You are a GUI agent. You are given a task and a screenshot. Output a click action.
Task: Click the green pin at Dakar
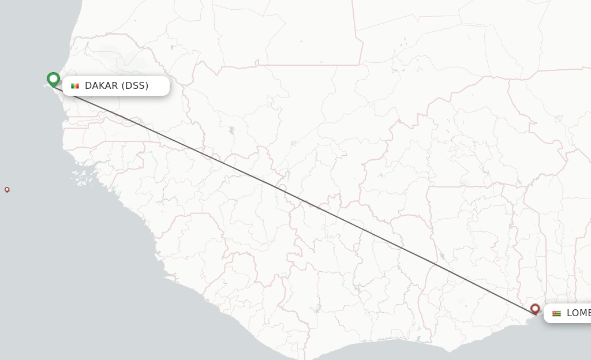tap(53, 78)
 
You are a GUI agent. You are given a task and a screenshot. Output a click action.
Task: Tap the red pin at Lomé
tap(535, 309)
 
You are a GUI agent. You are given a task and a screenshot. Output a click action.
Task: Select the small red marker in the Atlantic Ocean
tap(7, 189)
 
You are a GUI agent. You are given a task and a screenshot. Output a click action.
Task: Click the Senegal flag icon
tap(75, 86)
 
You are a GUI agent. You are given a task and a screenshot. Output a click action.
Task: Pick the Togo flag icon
tap(556, 313)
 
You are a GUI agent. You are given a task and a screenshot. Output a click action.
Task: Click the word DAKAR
tap(101, 86)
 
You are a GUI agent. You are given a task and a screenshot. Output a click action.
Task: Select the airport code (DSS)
tap(134, 86)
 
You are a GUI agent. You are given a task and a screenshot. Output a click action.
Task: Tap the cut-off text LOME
tap(578, 313)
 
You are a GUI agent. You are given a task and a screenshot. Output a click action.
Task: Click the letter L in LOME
tap(570, 313)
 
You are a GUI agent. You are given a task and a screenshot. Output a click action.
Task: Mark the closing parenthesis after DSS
tap(147, 86)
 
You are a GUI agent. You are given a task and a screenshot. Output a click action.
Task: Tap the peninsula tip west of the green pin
tap(44, 86)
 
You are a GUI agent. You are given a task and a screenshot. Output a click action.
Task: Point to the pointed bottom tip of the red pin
tap(535, 315)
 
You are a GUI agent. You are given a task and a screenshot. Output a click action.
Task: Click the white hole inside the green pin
tap(53, 77)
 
